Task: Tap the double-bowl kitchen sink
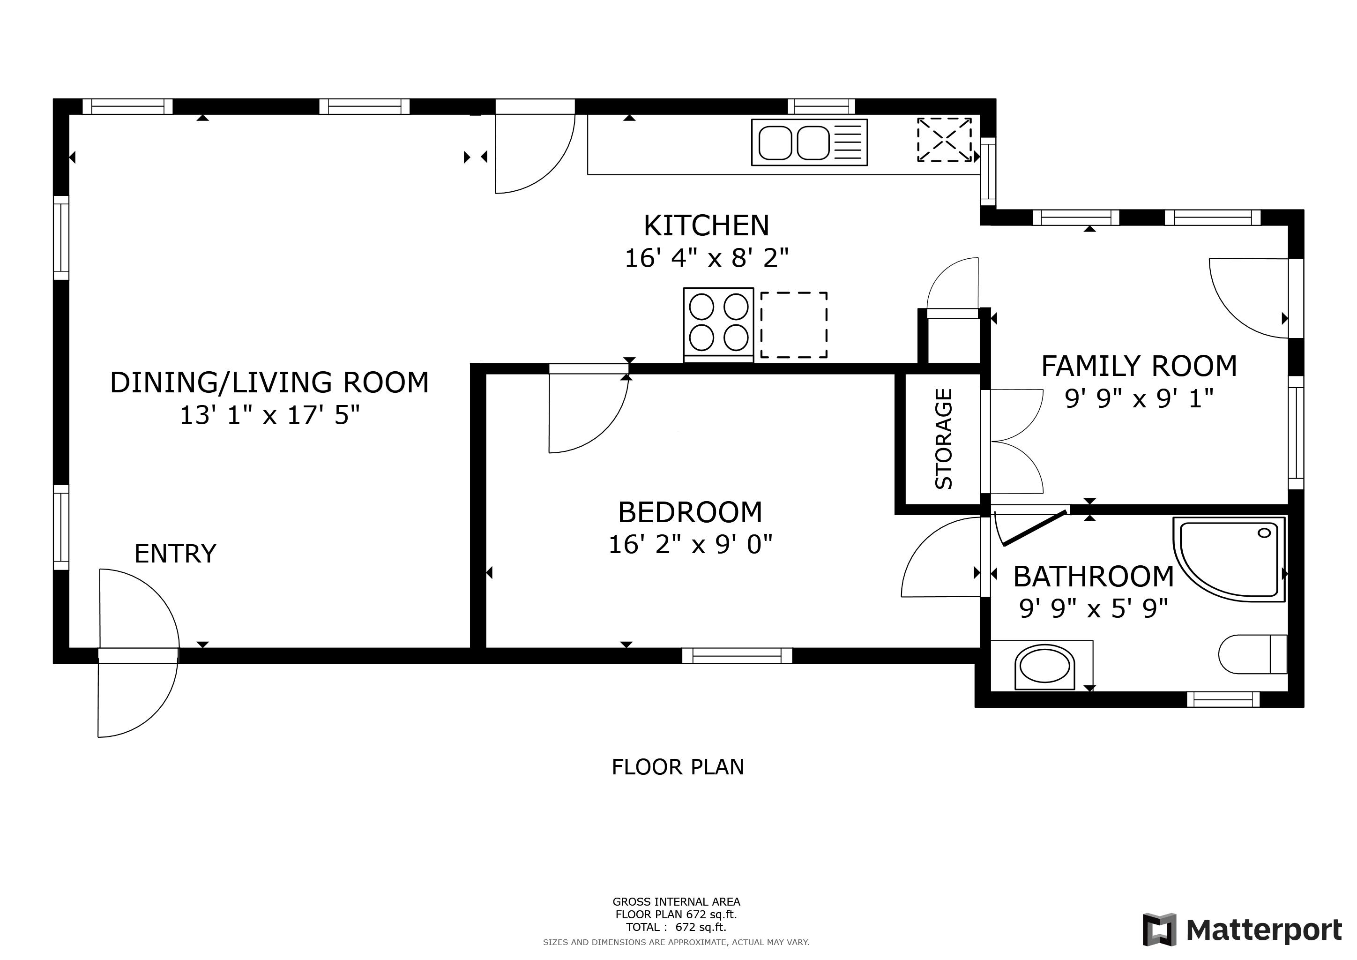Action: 809,142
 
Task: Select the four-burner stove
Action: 719,324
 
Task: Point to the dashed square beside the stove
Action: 794,324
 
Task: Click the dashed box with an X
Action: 944,140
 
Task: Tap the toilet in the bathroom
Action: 1253,654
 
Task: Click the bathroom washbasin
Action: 1044,667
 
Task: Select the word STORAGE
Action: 943,439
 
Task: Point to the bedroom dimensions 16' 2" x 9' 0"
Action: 690,544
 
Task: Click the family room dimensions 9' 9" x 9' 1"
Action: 1139,398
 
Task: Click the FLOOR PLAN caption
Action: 678,767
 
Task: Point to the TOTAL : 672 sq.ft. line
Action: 676,927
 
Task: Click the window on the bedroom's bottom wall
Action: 737,656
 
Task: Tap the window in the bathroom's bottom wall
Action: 1223,699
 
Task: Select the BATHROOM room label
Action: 1093,577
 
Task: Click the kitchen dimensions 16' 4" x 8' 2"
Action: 707,258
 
